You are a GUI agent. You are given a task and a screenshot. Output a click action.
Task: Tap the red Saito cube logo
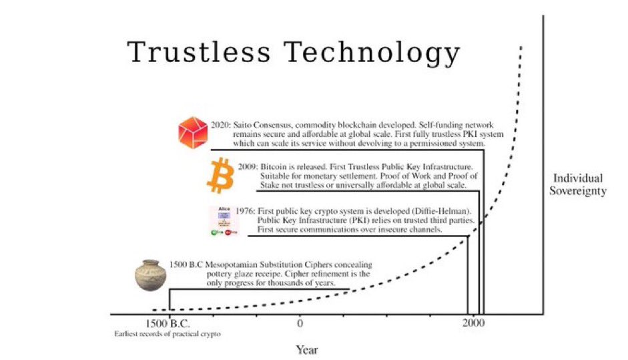click(194, 132)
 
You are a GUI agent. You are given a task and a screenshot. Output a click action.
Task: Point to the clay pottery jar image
click(150, 275)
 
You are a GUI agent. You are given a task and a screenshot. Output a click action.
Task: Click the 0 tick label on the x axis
click(300, 324)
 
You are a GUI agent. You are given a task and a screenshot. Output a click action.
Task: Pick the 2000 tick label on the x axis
click(474, 324)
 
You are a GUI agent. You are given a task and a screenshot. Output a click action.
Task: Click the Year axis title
click(308, 349)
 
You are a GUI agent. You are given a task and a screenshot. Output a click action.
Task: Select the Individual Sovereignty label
click(577, 184)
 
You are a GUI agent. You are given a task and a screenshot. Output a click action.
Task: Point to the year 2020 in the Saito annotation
click(222, 125)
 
